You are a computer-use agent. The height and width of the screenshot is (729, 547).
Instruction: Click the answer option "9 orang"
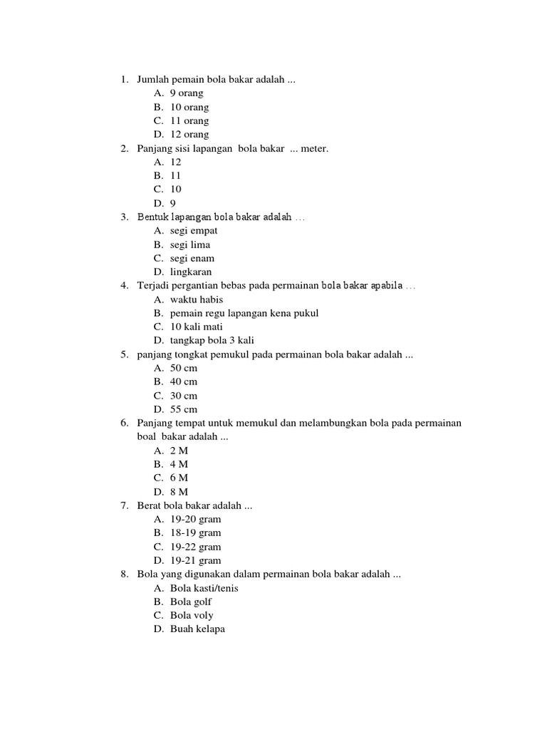pyautogui.click(x=187, y=93)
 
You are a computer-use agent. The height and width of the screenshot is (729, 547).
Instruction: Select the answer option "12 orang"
pyautogui.click(x=189, y=135)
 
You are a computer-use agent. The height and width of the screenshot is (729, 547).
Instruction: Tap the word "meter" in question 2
pyautogui.click(x=313, y=148)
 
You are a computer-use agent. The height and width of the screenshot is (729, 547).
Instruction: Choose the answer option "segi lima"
pyautogui.click(x=190, y=244)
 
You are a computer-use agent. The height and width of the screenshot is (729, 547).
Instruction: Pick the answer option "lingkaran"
pyautogui.click(x=191, y=272)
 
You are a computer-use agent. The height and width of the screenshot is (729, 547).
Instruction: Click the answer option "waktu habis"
pyautogui.click(x=197, y=300)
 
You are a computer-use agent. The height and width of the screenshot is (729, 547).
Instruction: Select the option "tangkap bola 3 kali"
pyautogui.click(x=212, y=340)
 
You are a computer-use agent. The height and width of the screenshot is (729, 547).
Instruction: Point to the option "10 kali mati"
pyautogui.click(x=197, y=327)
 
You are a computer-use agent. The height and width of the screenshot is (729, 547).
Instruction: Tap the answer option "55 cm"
pyautogui.click(x=184, y=409)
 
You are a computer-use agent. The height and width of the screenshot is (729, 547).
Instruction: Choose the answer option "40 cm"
pyautogui.click(x=184, y=382)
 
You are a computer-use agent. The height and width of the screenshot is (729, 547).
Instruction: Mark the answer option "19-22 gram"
pyautogui.click(x=196, y=547)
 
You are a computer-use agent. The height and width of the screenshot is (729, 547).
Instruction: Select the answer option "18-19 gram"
pyautogui.click(x=196, y=533)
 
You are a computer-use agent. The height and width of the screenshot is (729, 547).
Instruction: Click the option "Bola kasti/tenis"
pyautogui.click(x=204, y=588)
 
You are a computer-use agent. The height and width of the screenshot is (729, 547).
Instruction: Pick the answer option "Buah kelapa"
pyautogui.click(x=197, y=629)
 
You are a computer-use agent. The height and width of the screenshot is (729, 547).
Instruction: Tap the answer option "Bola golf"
pyautogui.click(x=191, y=602)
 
